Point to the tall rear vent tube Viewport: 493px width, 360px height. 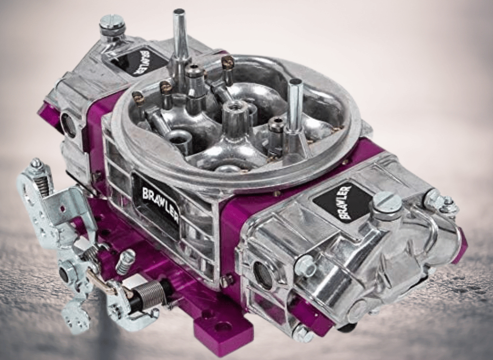[x=181, y=34]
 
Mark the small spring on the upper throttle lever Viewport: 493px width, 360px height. [x=43, y=185]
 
